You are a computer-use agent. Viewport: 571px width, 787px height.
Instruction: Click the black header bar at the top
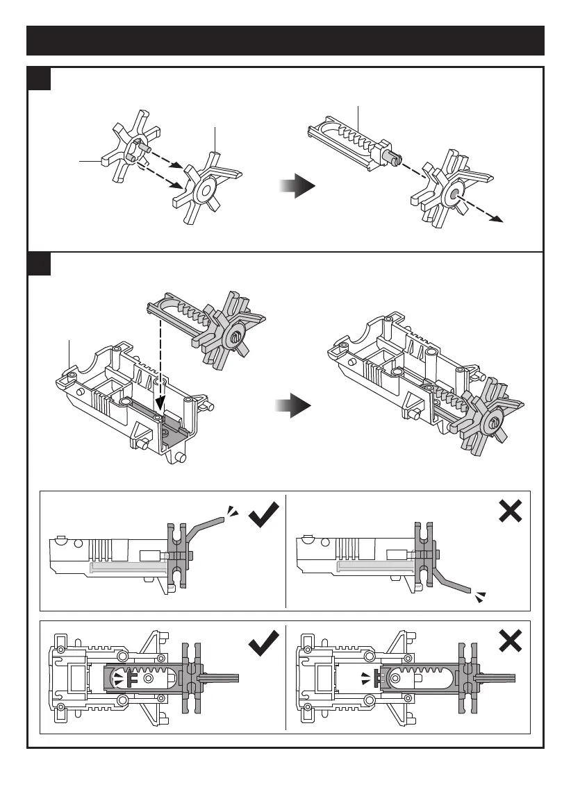(x=285, y=41)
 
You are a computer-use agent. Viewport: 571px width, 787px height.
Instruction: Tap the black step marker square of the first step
(x=39, y=78)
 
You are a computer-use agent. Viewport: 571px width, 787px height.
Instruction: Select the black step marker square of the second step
(x=39, y=263)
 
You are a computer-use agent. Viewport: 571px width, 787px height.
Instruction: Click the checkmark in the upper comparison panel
(x=263, y=515)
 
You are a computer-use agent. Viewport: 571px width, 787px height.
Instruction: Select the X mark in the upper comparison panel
(x=511, y=511)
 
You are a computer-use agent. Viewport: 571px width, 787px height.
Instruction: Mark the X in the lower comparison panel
(x=511, y=641)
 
